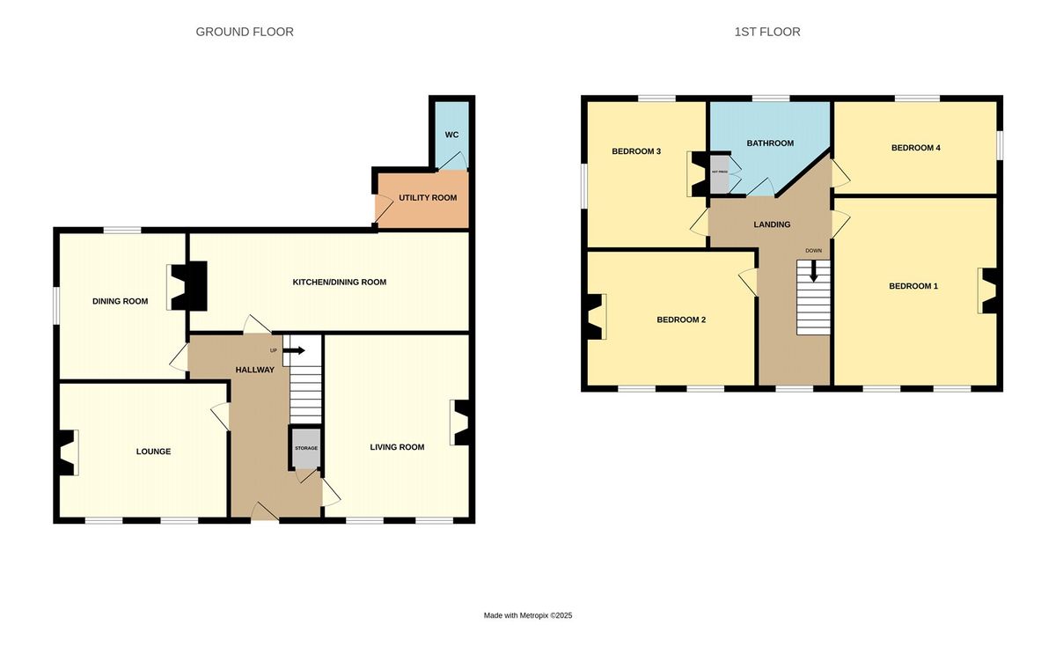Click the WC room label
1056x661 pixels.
click(x=451, y=135)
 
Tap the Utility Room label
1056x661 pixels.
click(x=428, y=198)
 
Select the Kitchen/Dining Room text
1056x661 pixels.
click(x=340, y=283)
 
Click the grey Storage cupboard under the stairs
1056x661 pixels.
click(x=305, y=448)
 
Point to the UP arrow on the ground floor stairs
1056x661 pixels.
click(x=294, y=350)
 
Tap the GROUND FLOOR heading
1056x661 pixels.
click(x=245, y=32)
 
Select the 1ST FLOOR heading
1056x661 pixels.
click(x=767, y=32)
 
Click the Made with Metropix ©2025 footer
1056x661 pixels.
click(x=528, y=616)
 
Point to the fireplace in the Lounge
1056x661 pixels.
click(x=67, y=452)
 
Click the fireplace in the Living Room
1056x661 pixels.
click(x=460, y=422)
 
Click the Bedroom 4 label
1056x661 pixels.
click(x=915, y=148)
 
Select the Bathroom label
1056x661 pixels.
click(x=770, y=143)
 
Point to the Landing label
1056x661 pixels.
click(x=772, y=224)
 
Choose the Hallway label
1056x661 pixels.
click(x=255, y=370)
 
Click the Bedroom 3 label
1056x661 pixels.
click(x=636, y=151)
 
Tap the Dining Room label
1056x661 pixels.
click(x=120, y=301)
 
